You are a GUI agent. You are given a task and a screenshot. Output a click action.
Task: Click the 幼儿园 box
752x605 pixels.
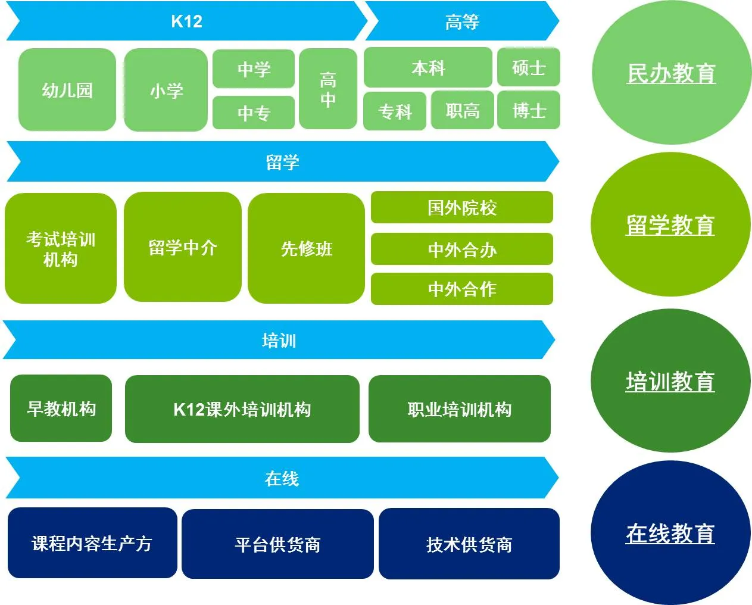67,90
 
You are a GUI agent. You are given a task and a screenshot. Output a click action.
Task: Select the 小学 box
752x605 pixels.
166,91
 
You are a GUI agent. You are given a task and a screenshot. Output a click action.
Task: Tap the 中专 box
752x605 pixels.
254,113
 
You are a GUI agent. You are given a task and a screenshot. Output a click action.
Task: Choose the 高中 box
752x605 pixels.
327,89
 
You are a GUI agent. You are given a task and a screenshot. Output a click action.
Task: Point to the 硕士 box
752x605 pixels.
529,67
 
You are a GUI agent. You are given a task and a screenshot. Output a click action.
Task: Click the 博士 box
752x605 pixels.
529,110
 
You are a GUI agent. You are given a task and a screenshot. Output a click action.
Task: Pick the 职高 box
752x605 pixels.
463,110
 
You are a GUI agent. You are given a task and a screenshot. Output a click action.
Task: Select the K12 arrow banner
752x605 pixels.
186,21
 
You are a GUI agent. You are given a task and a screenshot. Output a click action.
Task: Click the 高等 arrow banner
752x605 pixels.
462,21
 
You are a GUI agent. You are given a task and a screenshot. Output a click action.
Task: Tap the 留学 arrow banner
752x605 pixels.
282,161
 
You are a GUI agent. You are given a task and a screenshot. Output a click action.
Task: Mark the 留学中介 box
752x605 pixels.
182,247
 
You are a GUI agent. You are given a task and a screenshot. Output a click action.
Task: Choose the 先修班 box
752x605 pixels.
306,248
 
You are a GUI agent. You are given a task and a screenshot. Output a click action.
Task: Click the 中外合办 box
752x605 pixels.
462,249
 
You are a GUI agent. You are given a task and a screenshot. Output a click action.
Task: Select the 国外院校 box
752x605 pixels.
462,207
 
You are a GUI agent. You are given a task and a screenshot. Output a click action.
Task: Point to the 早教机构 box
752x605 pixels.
61,408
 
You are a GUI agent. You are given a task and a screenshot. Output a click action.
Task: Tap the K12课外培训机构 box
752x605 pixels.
242,409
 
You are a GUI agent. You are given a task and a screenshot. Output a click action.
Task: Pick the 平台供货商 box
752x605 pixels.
277,544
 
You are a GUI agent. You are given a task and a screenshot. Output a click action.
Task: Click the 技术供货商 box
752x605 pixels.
469,544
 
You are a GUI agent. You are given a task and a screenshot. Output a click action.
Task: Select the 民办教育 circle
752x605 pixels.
671,73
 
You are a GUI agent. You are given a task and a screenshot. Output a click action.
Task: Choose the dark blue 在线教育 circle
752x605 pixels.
670,533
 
